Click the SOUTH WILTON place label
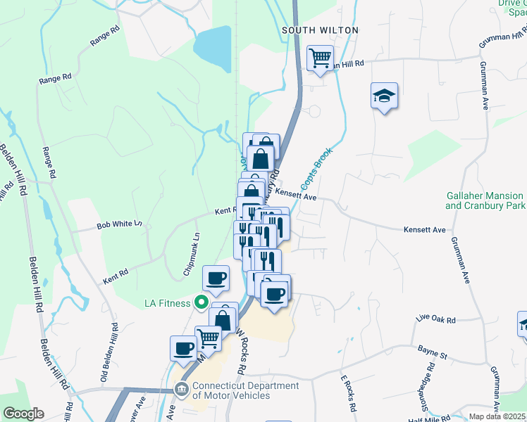(x=320, y=30)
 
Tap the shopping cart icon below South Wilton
(x=321, y=58)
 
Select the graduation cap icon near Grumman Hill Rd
(x=384, y=96)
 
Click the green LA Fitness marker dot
(x=201, y=303)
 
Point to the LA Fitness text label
(x=167, y=303)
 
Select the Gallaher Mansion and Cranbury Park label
(x=485, y=201)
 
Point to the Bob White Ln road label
(x=120, y=224)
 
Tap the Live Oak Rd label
(x=435, y=320)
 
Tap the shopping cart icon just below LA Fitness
(x=208, y=338)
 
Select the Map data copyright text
(x=497, y=416)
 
